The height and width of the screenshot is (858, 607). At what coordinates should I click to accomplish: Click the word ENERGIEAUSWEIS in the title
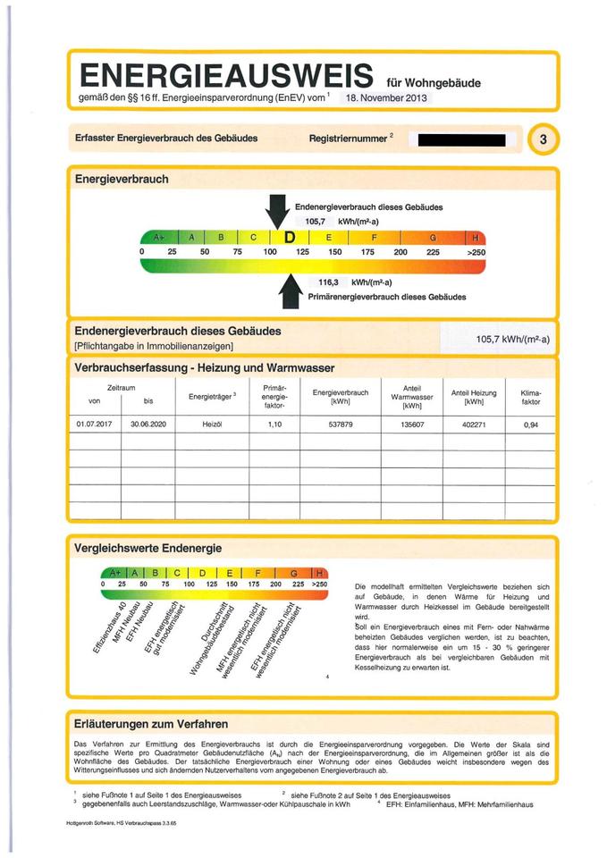coord(225,74)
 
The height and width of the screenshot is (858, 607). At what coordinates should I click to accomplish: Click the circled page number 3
coord(544,139)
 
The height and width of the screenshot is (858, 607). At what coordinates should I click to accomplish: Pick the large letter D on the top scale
coord(290,237)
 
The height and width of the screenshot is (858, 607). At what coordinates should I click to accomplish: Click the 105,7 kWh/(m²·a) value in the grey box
coord(512,339)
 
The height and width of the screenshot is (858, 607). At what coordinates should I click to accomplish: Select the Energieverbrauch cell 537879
coord(340,425)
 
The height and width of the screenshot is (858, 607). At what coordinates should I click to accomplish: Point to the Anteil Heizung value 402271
coord(474,425)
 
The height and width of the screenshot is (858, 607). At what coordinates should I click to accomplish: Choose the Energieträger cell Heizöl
coord(211,425)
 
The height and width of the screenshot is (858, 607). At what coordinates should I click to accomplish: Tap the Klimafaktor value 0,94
coord(532,425)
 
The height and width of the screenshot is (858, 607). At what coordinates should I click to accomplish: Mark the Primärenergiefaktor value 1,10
coord(274,425)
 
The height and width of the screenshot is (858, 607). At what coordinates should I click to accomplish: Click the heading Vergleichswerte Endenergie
coord(148,547)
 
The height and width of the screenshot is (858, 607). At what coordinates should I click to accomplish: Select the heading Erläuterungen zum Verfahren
coord(152,723)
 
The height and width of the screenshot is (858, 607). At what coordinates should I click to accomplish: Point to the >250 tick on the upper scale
coord(476,252)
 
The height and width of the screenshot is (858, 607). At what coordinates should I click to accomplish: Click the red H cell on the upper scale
coord(476,237)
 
